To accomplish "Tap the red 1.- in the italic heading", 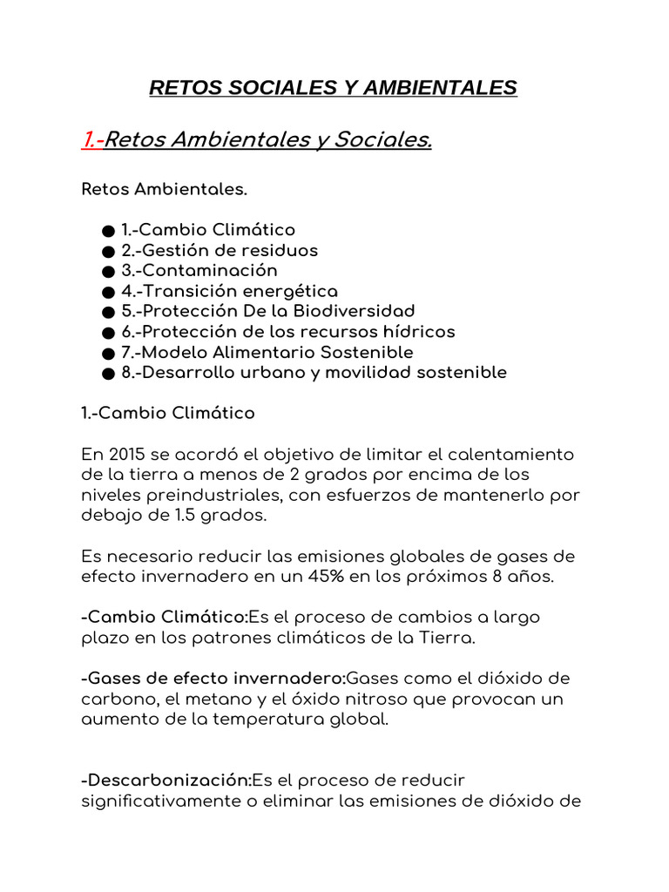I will (x=92, y=139).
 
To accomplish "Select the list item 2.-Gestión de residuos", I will (x=220, y=251).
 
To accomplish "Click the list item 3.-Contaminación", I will (x=199, y=271).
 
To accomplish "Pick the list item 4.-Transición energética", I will (x=229, y=292).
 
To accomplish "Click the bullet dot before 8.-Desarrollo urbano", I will (x=108, y=374).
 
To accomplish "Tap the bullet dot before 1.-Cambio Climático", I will (x=108, y=231).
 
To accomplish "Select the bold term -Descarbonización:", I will (x=166, y=780).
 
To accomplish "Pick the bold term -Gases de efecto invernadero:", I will (x=213, y=679).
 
